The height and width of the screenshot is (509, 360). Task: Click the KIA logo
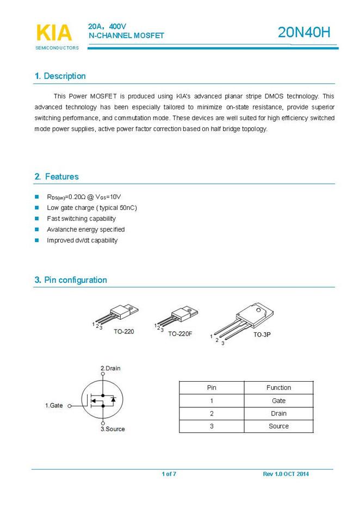54,33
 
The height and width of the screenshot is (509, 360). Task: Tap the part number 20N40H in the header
304,33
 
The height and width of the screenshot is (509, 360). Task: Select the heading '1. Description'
60,76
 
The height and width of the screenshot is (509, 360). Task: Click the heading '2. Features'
57,177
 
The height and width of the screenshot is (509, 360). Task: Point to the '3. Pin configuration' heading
71,280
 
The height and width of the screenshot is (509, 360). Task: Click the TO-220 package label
124,331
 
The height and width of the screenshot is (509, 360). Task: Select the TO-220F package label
180,333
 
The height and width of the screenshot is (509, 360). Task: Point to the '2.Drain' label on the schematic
110,368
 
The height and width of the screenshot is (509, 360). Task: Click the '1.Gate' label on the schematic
54,406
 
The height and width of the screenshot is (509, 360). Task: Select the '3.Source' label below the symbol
113,429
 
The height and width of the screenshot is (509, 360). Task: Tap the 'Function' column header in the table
278,388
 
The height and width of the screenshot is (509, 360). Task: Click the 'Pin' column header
212,388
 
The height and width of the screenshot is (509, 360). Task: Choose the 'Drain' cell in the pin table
278,413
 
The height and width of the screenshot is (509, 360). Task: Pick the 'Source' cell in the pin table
278,426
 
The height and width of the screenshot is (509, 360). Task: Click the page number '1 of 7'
169,474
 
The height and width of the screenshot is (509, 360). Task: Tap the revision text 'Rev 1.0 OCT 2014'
285,474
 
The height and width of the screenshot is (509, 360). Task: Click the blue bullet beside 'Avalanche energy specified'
37,229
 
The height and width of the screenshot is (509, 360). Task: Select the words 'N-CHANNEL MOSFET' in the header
126,35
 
